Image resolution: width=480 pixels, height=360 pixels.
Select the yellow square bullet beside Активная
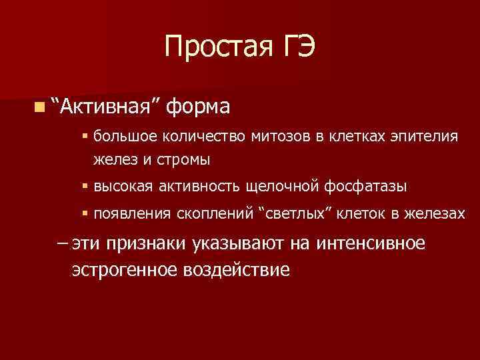(41, 107)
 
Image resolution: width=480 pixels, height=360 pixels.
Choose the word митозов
(278, 137)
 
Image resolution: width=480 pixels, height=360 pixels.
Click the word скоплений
(211, 214)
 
